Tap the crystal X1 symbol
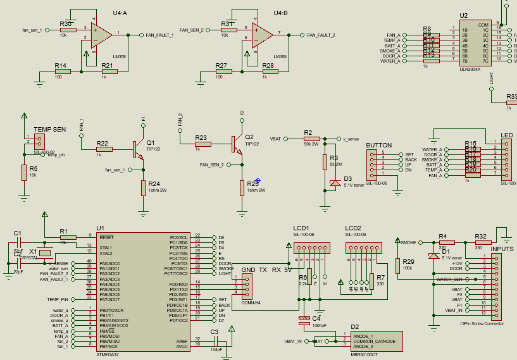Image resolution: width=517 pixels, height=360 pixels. [x=44, y=253]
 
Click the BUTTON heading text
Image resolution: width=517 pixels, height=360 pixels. [x=379, y=145]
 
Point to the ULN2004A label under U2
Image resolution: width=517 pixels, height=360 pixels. [x=470, y=70]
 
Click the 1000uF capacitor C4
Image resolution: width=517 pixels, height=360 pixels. [x=305, y=320]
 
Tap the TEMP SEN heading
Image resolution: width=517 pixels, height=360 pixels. [x=50, y=129]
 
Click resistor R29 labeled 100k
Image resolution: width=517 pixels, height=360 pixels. [x=398, y=266]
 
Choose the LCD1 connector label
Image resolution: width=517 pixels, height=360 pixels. [x=301, y=228]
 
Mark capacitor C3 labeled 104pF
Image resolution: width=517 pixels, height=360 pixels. [x=216, y=342]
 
